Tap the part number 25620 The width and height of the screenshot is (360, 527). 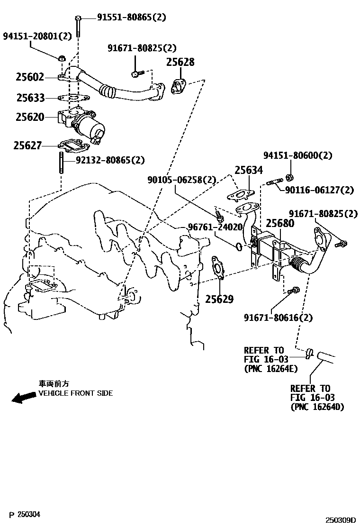(x=30, y=117)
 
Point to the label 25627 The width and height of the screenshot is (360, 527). (x=27, y=146)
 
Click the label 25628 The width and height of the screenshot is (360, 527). (x=180, y=63)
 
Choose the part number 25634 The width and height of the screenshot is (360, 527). (x=249, y=171)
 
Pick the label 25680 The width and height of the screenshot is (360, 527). (x=279, y=223)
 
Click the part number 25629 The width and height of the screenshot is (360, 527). (x=219, y=299)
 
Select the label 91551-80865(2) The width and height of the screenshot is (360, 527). (x=132, y=18)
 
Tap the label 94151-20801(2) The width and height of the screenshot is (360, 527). (x=37, y=36)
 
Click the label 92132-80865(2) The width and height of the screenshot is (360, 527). (x=110, y=160)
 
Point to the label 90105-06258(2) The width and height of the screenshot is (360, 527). (x=181, y=180)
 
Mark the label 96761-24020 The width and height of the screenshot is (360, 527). (x=215, y=227)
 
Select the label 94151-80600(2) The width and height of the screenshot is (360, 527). (x=298, y=155)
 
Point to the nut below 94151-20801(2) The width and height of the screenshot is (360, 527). (x=61, y=58)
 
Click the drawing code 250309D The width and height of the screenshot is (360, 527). (x=340, y=520)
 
